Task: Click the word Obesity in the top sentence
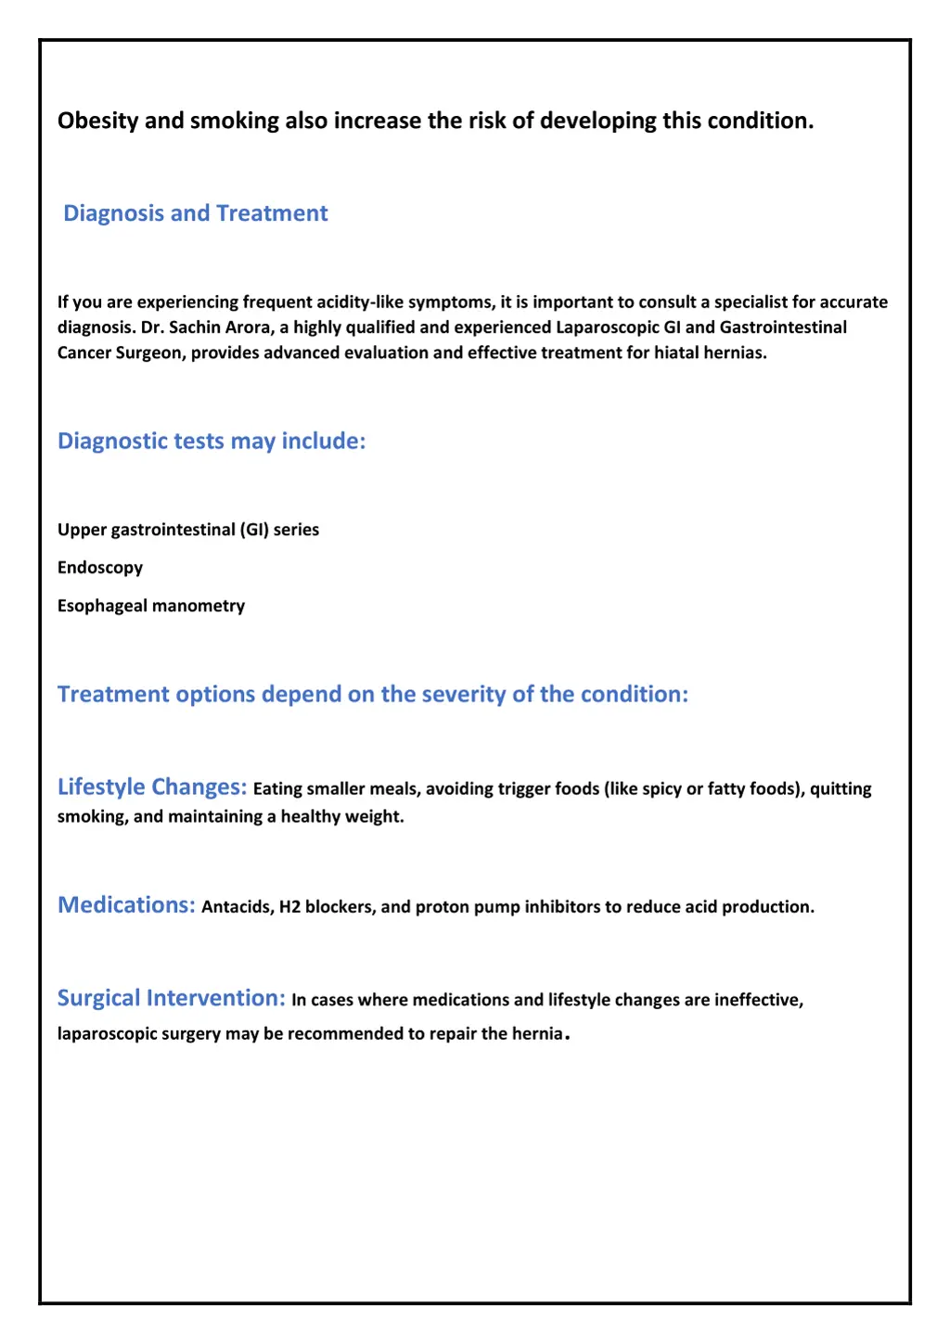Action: (93, 121)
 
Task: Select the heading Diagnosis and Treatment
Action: (195, 213)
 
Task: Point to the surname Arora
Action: (248, 327)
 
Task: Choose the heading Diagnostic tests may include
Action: (212, 441)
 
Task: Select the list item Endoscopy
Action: (100, 568)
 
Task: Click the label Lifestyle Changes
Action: (152, 787)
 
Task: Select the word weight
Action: (378, 817)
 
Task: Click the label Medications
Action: (126, 905)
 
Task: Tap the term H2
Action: (290, 907)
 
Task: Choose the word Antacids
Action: (237, 907)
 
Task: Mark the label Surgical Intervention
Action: (171, 998)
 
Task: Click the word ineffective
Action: (758, 1000)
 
